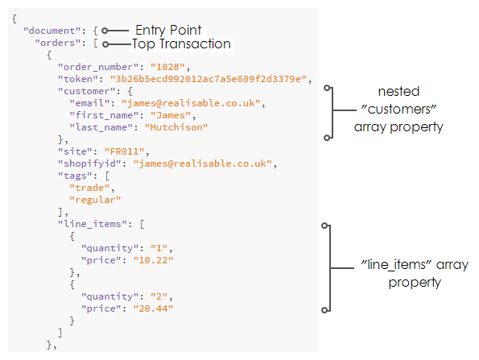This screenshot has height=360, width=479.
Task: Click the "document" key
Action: [x=52, y=31]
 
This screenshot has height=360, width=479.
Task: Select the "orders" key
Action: [x=57, y=43]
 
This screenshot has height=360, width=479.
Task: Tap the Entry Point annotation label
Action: [x=168, y=31]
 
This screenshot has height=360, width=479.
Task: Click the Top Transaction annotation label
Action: [x=181, y=44]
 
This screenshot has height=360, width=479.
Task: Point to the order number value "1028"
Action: [x=167, y=67]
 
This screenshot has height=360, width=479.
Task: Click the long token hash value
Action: [x=209, y=79]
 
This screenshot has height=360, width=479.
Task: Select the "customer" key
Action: [x=86, y=91]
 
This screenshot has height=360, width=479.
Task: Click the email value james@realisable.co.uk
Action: [x=191, y=103]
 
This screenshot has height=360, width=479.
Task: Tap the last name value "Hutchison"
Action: [x=176, y=127]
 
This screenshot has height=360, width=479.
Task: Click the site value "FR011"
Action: [x=124, y=151]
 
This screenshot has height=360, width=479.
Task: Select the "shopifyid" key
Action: [x=89, y=163]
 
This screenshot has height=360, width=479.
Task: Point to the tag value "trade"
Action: [x=89, y=188]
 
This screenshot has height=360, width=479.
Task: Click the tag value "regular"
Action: [x=95, y=200]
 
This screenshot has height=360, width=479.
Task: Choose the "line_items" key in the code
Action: [x=93, y=224]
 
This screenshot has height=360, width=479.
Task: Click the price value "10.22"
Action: [x=153, y=260]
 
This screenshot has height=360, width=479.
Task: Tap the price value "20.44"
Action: [x=153, y=308]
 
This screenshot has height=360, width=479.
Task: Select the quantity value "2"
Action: [x=159, y=296]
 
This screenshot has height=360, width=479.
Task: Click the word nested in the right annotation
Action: [x=398, y=91]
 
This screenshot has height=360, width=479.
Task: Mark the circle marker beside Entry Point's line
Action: [x=105, y=31]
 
